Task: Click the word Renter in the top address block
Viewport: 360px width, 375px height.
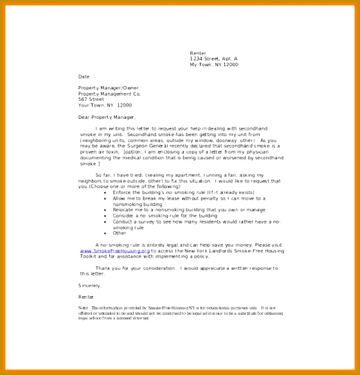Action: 197,53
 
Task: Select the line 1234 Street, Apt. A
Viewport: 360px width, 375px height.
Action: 213,58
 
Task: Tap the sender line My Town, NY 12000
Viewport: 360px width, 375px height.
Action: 213,64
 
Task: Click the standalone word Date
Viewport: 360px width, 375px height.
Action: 84,76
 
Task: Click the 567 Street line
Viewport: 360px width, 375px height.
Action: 91,100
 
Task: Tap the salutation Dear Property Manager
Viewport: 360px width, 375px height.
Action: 107,118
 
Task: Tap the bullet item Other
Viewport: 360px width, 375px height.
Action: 120,234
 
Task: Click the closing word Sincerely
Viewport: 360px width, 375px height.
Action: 90,285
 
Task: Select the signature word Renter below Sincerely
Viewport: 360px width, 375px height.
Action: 86,297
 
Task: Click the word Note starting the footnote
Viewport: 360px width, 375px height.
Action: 82,308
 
